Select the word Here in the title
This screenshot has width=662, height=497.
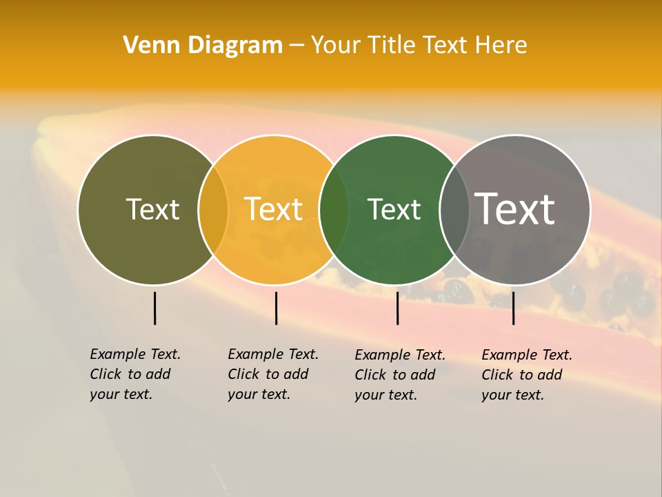point(501,46)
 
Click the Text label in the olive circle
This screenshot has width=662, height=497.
point(152,209)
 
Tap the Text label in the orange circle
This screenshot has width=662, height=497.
point(274,209)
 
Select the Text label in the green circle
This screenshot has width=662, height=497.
point(394,209)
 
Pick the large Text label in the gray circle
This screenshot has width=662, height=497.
point(515,209)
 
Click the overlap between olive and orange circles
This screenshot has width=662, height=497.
point(213,209)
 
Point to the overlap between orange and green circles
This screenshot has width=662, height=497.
point(334,209)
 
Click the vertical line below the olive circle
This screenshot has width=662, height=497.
point(155,308)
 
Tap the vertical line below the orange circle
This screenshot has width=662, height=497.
point(276,308)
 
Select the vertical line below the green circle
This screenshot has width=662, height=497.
point(397,308)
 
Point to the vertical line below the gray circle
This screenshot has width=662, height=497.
point(513,308)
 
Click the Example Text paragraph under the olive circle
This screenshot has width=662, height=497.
point(134,374)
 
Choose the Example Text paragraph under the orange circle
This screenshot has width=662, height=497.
point(272,374)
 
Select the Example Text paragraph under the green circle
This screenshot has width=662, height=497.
point(399,375)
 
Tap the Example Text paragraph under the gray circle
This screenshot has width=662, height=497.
point(526,375)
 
